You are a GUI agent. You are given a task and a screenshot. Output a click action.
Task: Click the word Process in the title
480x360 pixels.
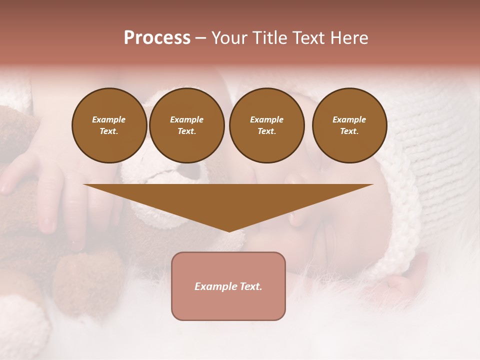pyautogui.click(x=157, y=38)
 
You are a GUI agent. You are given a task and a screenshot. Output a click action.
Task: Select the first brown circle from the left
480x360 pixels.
pyautogui.click(x=109, y=125)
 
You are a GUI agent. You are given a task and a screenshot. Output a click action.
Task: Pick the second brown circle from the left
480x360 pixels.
pyautogui.click(x=187, y=125)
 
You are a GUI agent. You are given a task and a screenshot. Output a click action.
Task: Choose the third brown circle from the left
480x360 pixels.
pyautogui.click(x=267, y=125)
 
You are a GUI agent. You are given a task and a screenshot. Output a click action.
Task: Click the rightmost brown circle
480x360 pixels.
pyautogui.click(x=349, y=125)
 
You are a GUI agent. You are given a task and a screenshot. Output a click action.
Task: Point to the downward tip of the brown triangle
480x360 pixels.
pyautogui.click(x=229, y=231)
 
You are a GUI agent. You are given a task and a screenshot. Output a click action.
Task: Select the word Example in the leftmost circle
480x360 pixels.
pyautogui.click(x=109, y=119)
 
